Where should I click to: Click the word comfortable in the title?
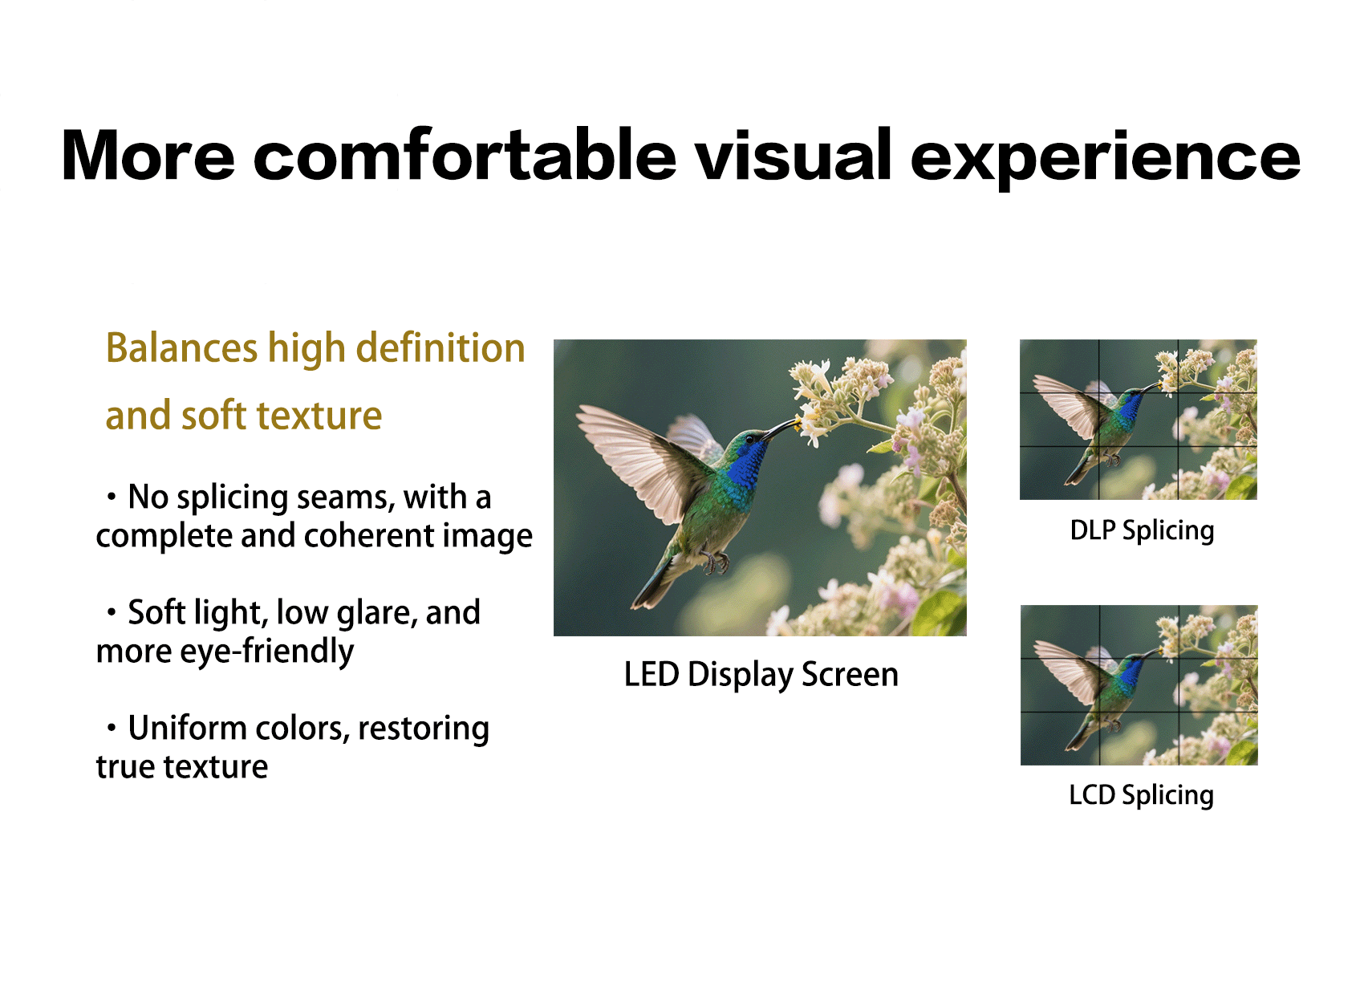tap(465, 155)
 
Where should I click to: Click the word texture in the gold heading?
tap(319, 416)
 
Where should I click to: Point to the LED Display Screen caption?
tap(761, 675)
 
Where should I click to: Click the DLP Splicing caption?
tap(1142, 530)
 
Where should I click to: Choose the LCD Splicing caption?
tap(1141, 795)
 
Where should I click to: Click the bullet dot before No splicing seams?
tap(111, 497)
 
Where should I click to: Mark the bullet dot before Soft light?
tap(111, 611)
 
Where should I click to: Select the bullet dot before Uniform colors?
tap(111, 727)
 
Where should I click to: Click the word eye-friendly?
tap(266, 652)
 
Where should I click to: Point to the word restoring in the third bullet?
tap(423, 729)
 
